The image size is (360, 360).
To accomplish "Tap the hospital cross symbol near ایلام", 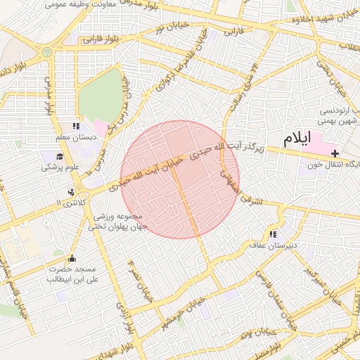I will (x=335, y=153).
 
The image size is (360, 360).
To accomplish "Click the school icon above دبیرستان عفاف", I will (x=272, y=234).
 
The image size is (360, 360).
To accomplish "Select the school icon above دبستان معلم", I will (x=76, y=126).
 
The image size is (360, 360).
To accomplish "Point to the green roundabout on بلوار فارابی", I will (x=47, y=51).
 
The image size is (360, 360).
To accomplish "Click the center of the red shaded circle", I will (x=180, y=179).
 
